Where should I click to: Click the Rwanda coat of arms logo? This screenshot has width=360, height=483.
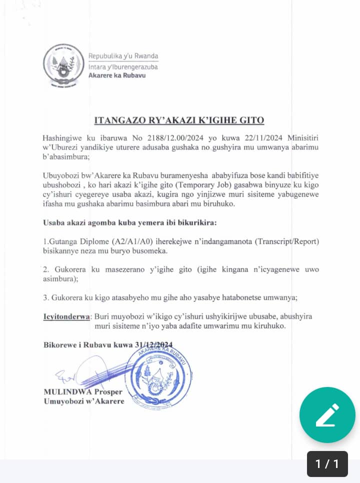pyautogui.click(x=63, y=65)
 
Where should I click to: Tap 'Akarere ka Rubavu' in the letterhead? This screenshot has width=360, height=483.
pyautogui.click(x=116, y=76)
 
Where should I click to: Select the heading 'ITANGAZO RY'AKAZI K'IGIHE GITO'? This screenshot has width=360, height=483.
pyautogui.click(x=179, y=120)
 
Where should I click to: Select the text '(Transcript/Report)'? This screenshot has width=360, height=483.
pyautogui.click(x=286, y=242)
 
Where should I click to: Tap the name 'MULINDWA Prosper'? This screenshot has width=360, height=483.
pyautogui.click(x=82, y=392)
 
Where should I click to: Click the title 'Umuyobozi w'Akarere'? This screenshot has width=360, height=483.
pyautogui.click(x=84, y=401)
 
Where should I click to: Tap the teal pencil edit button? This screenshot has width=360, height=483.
pyautogui.click(x=327, y=415)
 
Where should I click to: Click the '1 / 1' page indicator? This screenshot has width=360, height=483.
pyautogui.click(x=327, y=463)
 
